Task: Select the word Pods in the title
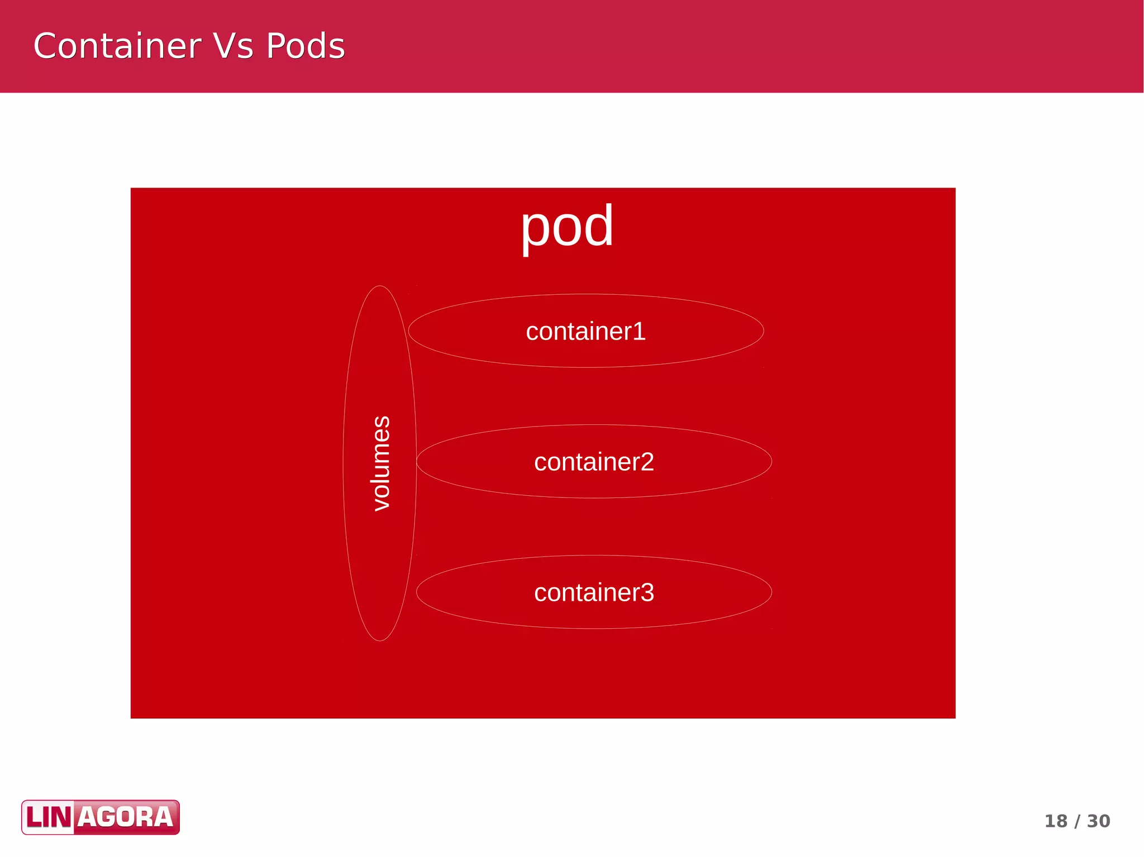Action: tap(306, 46)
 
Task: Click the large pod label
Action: tap(567, 226)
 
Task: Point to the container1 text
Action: tap(585, 332)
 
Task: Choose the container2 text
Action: tap(594, 462)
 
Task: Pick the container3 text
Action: tap(594, 593)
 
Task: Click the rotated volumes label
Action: tap(381, 463)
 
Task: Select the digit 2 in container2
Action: tap(647, 462)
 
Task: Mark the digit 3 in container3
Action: tap(647, 593)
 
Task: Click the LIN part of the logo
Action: tap(49, 818)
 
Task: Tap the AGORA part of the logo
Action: tap(126, 818)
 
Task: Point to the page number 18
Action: tap(1056, 821)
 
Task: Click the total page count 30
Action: tap(1098, 821)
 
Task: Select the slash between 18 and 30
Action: tap(1077, 821)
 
